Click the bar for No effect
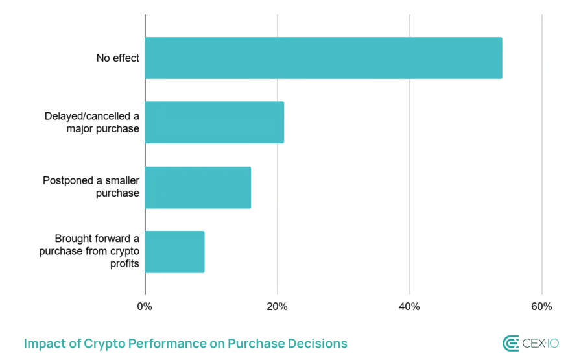pyautogui.click(x=323, y=58)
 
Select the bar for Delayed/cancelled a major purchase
pyautogui.click(x=214, y=122)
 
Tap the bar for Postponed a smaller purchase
pyautogui.click(x=198, y=187)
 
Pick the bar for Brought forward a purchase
pyautogui.click(x=174, y=252)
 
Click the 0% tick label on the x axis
pyautogui.click(x=145, y=306)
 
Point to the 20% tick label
pyautogui.click(x=277, y=306)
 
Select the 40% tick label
pyautogui.click(x=409, y=306)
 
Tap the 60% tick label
pyautogui.click(x=541, y=306)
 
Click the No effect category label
pyautogui.click(x=117, y=58)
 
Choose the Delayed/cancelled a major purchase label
pyautogui.click(x=91, y=122)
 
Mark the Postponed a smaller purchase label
pyautogui.click(x=91, y=187)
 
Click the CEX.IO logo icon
pyautogui.click(x=510, y=344)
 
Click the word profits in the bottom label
pyautogui.click(x=124, y=264)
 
